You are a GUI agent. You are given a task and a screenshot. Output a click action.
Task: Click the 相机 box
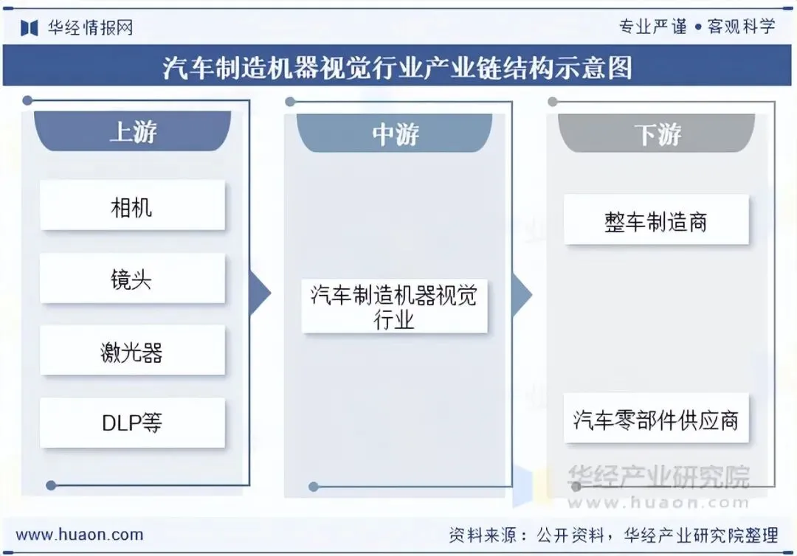click(132, 206)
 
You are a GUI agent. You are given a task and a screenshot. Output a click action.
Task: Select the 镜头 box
click(132, 279)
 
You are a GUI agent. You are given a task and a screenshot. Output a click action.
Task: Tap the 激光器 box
click(132, 351)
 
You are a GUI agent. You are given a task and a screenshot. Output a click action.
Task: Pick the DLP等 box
click(132, 423)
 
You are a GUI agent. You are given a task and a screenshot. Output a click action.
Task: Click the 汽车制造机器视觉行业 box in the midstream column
click(394, 307)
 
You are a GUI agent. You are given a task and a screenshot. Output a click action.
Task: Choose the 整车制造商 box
click(656, 220)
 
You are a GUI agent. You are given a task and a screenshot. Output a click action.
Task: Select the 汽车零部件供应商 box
click(656, 419)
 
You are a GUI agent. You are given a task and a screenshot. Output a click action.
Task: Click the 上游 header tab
click(133, 132)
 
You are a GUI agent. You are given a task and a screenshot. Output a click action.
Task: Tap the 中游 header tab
click(395, 134)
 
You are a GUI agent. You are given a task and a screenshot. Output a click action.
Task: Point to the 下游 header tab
click(657, 134)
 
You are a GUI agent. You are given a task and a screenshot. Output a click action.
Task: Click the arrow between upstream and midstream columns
click(260, 293)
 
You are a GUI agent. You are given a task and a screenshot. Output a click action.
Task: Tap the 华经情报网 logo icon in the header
click(30, 28)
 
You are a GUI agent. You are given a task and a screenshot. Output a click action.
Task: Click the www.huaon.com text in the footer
click(80, 535)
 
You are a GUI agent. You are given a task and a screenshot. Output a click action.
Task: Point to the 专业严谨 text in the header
click(644, 27)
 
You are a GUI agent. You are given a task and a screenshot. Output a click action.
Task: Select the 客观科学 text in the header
click(741, 27)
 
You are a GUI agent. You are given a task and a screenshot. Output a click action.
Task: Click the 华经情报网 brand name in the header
click(90, 28)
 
